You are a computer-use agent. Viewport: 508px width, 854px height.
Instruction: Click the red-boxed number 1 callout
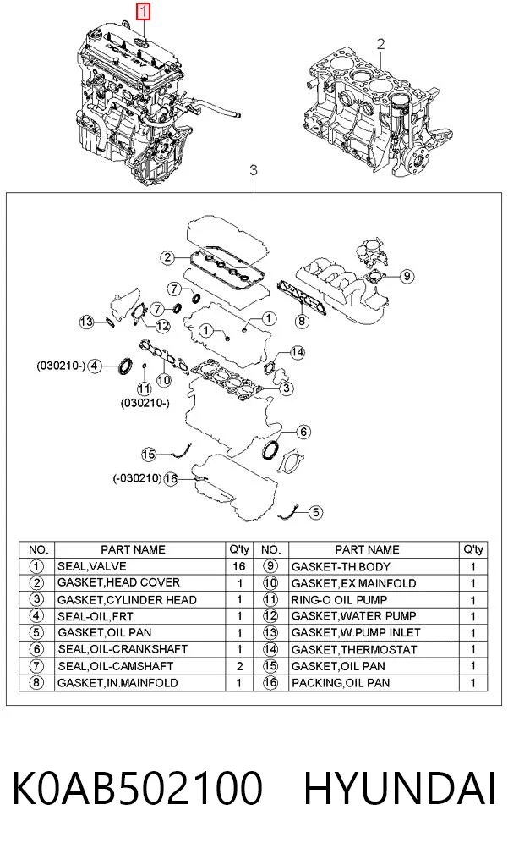coord(143,12)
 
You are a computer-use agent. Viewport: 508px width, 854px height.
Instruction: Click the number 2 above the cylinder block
coord(380,43)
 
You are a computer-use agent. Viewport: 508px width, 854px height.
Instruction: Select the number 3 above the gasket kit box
coord(253,170)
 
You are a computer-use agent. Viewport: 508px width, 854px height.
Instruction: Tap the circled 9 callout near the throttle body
coord(407,276)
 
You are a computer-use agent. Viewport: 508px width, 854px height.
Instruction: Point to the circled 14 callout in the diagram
coord(297,352)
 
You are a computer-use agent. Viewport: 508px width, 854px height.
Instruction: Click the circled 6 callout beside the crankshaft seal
coord(303,432)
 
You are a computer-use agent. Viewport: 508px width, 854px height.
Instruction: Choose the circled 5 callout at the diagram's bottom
coord(316,512)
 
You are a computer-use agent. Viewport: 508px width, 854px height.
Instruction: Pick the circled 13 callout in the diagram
coord(86,322)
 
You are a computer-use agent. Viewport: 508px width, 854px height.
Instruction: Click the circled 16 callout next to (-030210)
coord(171,479)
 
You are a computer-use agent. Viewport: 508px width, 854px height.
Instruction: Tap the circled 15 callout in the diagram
coord(149,454)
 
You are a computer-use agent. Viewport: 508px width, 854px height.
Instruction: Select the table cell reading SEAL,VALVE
coord(92,566)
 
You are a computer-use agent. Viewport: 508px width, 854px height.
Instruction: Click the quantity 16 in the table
coord(238,566)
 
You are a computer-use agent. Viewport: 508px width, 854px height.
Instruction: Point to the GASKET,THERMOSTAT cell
coord(354,650)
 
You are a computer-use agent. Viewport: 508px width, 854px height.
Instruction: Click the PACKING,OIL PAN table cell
coord(341,683)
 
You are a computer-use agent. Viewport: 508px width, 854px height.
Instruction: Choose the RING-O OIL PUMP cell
coord(340,599)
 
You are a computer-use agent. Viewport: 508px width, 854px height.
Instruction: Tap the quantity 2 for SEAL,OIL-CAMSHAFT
coord(239,666)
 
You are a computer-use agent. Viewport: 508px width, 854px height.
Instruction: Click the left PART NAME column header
coord(133,549)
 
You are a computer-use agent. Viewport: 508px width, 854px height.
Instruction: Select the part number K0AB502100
coord(137,788)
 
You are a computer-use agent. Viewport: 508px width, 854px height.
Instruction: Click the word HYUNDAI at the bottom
coord(399,788)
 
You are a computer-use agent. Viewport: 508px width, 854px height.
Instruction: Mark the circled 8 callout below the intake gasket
coord(302,322)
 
